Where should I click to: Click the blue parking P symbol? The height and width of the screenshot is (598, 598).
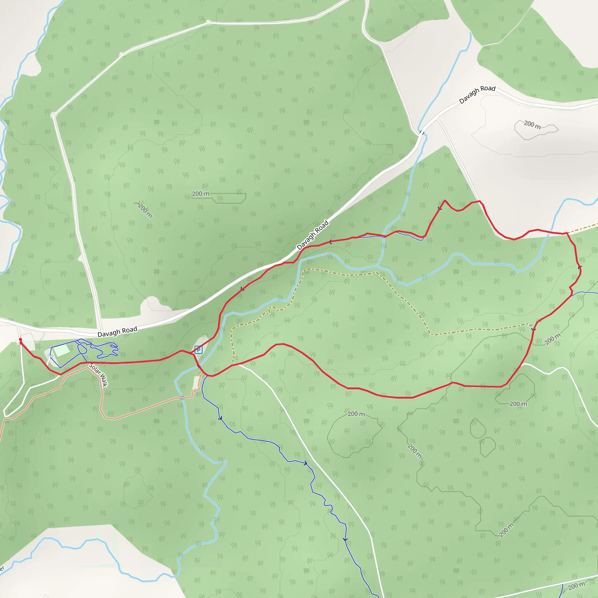pyautogui.click(x=198, y=350)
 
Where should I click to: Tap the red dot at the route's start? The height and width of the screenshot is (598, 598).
pyautogui.click(x=20, y=340)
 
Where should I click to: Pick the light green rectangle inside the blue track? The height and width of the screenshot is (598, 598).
pyautogui.click(x=62, y=351)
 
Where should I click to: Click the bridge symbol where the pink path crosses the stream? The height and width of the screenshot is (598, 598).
pyautogui.click(x=182, y=397)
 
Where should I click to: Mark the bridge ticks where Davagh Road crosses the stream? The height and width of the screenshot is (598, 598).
pyautogui.click(x=422, y=133)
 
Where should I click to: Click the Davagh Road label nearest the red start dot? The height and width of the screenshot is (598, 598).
pyautogui.click(x=117, y=332)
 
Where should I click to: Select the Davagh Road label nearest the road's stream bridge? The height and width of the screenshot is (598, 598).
pyautogui.click(x=477, y=94)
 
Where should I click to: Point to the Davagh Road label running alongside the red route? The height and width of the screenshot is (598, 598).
pyautogui.click(x=313, y=235)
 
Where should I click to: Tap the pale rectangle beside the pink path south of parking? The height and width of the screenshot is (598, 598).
pyautogui.click(x=196, y=383)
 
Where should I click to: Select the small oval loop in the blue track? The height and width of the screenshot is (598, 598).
pyautogui.click(x=82, y=349)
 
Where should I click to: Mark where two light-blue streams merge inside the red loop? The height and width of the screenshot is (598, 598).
pyautogui.click(x=378, y=266)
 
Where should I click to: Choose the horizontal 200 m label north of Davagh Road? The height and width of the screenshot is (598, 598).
pyautogui.click(x=201, y=194)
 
